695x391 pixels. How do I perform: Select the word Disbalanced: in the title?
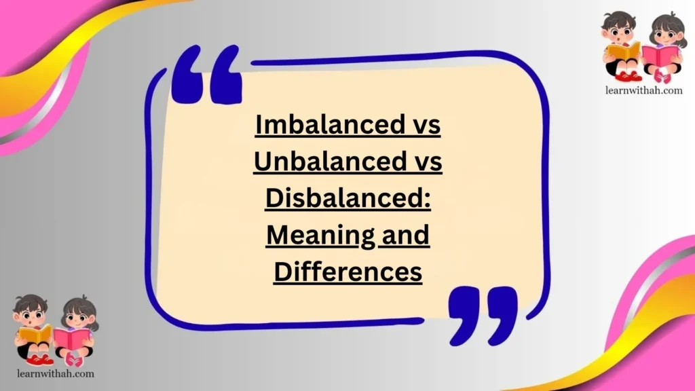[348, 199]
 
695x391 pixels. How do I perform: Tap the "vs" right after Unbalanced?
[426, 162]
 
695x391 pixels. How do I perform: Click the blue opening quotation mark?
[206, 77]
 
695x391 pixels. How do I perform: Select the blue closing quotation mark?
[483, 314]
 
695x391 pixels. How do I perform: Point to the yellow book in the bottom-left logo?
[35, 333]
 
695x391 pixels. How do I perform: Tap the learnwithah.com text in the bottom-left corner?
[54, 373]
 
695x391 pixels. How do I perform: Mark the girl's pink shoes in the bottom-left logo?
[73, 360]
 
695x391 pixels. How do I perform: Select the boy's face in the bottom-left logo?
[31, 314]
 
